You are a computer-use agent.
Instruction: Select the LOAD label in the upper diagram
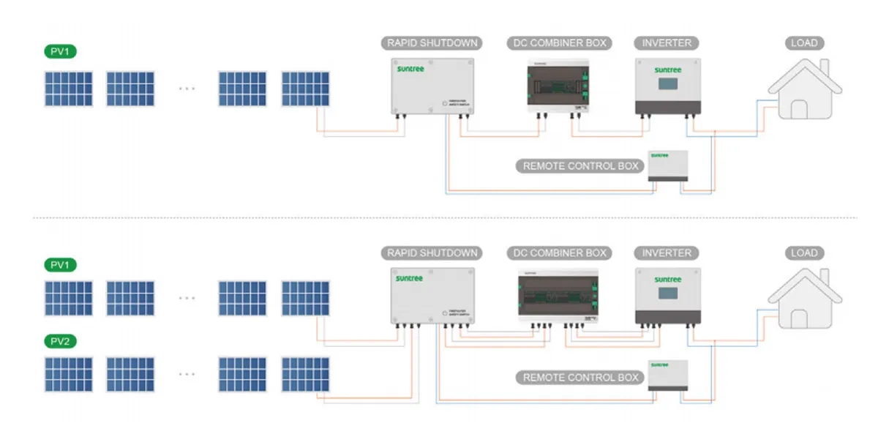pyautogui.click(x=804, y=43)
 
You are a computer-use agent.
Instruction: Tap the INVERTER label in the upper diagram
pyautogui.click(x=667, y=43)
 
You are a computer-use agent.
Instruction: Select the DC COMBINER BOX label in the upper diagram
pyautogui.click(x=557, y=43)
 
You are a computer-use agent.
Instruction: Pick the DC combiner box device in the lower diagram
pyautogui.click(x=558, y=296)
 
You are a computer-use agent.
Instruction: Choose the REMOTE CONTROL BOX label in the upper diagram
pyautogui.click(x=581, y=166)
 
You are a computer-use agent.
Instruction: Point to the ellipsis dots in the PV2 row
pyautogui.click(x=187, y=373)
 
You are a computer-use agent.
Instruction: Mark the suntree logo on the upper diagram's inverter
pyautogui.click(x=667, y=70)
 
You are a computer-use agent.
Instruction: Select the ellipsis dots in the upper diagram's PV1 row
pyautogui.click(x=187, y=89)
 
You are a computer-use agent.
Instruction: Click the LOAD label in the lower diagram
pyautogui.click(x=804, y=253)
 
